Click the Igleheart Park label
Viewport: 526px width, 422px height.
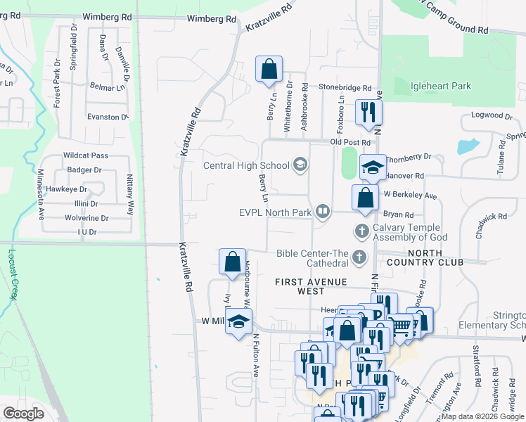(x=440, y=86)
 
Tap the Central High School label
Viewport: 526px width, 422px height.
(x=246, y=166)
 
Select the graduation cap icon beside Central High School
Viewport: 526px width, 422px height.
(x=300, y=165)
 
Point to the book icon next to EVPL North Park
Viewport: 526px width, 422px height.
(x=323, y=210)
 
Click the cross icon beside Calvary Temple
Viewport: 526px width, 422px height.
(x=361, y=230)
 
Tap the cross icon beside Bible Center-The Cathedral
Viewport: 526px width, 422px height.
(x=360, y=257)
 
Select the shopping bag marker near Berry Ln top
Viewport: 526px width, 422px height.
(x=269, y=70)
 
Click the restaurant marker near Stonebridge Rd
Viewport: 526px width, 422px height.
(x=368, y=113)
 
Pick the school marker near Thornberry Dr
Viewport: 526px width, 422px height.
(x=373, y=167)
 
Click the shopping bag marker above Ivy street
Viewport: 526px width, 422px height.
(x=232, y=262)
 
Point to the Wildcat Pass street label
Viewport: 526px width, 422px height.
(x=85, y=155)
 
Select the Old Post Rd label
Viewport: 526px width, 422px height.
(x=352, y=142)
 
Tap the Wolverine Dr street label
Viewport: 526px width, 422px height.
(x=86, y=218)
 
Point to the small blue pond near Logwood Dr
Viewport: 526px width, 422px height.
(x=467, y=146)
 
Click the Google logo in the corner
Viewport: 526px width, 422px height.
(x=24, y=414)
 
